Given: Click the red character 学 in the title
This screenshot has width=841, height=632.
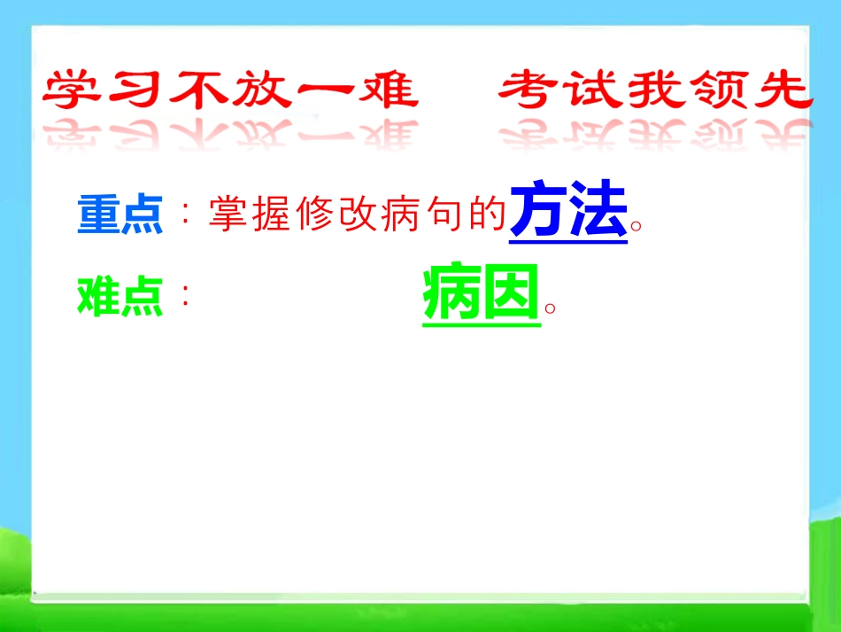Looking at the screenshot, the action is pyautogui.click(x=72, y=90).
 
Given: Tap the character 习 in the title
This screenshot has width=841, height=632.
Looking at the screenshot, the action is pyautogui.click(x=135, y=89).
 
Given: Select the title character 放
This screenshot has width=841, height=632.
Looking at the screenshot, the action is pyautogui.click(x=262, y=90).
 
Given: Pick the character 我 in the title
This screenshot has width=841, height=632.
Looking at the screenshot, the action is pyautogui.click(x=655, y=90).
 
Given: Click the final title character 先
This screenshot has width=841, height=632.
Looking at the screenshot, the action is pyautogui.click(x=783, y=90).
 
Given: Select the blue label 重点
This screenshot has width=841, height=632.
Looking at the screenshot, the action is pyautogui.click(x=120, y=214).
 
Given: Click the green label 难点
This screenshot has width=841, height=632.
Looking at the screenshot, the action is pyautogui.click(x=120, y=296).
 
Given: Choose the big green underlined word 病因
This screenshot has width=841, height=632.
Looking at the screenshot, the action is pyautogui.click(x=481, y=293).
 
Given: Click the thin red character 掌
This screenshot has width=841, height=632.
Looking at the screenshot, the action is pyautogui.click(x=228, y=214).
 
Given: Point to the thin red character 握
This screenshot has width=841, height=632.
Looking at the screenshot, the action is pyautogui.click(x=271, y=214).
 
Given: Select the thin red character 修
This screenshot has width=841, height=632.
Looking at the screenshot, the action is pyautogui.click(x=314, y=214).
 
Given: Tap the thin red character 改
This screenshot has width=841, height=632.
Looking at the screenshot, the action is pyautogui.click(x=358, y=214).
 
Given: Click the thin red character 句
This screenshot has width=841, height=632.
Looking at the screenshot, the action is pyautogui.click(x=444, y=214).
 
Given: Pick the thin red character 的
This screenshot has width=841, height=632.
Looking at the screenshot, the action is pyautogui.click(x=488, y=214).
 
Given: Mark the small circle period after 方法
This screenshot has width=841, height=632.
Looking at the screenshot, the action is pyautogui.click(x=637, y=225).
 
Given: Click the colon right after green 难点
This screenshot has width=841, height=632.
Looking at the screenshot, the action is pyautogui.click(x=186, y=295).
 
